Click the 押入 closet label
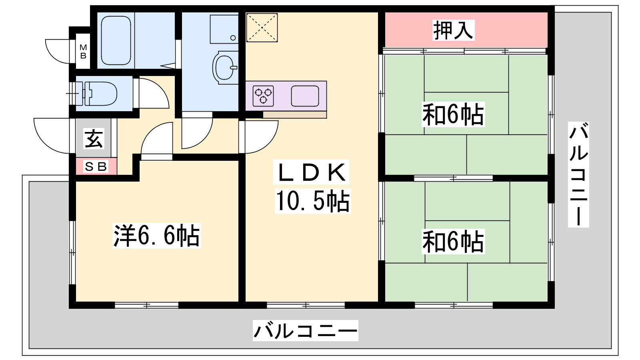click(x=453, y=30)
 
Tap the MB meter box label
click(x=83, y=52)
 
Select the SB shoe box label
click(x=96, y=166)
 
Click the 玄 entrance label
click(x=94, y=138)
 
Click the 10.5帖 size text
click(x=312, y=201)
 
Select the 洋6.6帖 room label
click(x=156, y=236)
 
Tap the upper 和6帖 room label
click(x=453, y=114)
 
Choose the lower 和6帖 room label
click(x=453, y=242)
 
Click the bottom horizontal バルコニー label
click(x=306, y=330)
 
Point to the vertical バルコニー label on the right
click(x=578, y=174)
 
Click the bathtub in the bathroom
click(x=116, y=40)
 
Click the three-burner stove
click(x=263, y=96)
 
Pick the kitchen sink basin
click(x=305, y=96)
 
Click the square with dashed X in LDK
click(x=262, y=28)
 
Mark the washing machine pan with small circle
click(x=224, y=29)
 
